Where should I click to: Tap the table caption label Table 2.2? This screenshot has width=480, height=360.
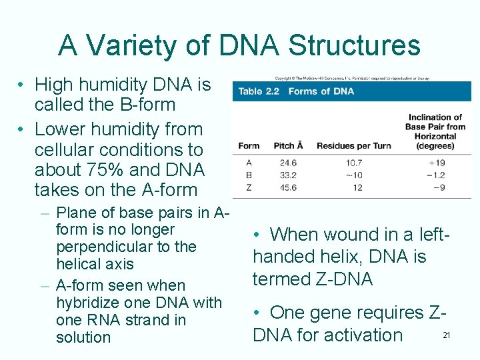259,91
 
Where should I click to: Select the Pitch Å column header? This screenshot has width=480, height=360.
288,146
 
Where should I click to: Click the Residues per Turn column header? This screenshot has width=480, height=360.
353,146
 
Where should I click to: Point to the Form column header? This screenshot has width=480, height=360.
249,146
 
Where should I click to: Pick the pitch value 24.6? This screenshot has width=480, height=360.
288,163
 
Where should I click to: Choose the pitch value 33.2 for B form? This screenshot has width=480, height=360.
288,175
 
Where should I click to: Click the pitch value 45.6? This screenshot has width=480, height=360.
288,187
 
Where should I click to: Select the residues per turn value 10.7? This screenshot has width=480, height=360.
353,163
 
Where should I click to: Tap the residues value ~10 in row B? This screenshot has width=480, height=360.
353,175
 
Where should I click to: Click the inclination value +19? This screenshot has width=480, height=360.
437,163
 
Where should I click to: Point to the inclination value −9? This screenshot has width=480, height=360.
438,187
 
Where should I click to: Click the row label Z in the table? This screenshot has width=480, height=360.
249,187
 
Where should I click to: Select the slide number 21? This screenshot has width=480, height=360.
447,335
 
